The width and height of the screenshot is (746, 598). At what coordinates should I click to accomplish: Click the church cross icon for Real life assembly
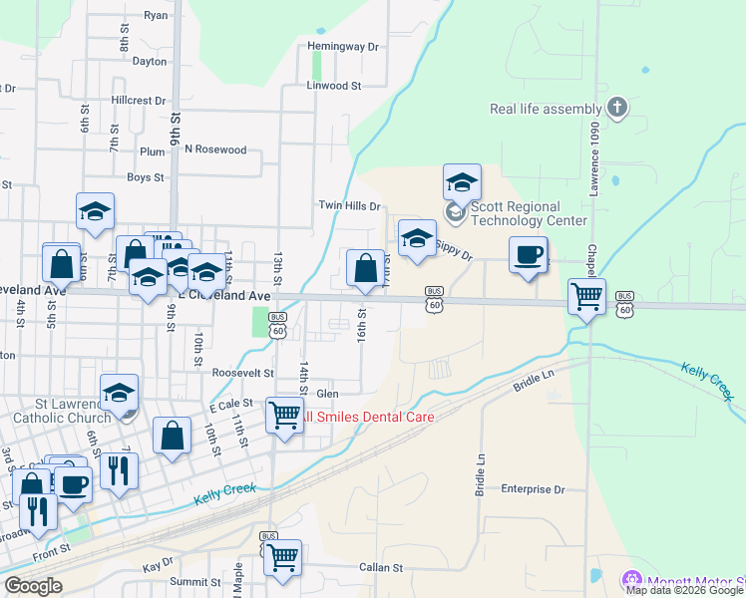coord(616,108)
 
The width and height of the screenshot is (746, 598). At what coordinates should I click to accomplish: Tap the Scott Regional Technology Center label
coord(515,213)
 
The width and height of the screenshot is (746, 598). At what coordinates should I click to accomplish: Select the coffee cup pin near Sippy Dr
coord(528,254)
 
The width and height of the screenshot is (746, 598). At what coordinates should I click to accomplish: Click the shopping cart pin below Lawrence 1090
coord(586,295)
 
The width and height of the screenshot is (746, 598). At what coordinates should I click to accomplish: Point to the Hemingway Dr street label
coord(344,47)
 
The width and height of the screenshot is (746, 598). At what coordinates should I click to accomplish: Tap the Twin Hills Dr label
coord(349,206)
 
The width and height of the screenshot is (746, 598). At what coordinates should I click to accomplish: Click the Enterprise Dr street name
coord(533,489)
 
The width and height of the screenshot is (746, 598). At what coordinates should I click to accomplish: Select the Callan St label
coord(381,568)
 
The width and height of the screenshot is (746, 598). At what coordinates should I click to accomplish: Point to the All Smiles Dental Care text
coord(369,417)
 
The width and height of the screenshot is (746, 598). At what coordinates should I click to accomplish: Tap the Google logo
coord(33,586)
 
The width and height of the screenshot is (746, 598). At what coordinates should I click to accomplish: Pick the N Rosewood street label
coord(215,150)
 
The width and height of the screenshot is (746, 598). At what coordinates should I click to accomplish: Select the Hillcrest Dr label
coord(139,101)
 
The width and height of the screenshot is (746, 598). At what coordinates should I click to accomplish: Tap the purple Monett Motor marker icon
coord(630,580)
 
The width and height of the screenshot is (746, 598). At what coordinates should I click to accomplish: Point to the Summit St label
coord(194,582)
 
